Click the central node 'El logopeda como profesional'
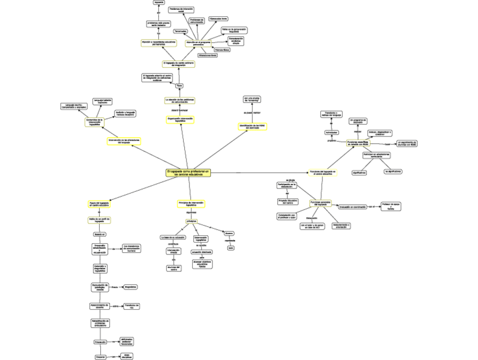pos(188,173)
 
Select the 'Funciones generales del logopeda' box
pos(321,203)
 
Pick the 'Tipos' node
pos(180,85)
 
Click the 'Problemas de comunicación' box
pos(197,21)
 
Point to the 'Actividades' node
pos(331,132)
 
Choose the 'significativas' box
pos(359,172)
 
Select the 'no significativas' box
pos(393,170)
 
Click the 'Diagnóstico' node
pos(131,287)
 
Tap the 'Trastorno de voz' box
pos(131,306)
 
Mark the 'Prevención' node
pos(100,342)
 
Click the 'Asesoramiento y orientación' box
pos(341,226)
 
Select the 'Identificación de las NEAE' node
pos(252,126)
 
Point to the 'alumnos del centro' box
pos(174,268)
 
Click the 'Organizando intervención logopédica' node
pos(180,120)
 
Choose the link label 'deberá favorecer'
pos(179,110)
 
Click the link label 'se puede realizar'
pos(252,113)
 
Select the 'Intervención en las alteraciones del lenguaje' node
pos(124,141)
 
